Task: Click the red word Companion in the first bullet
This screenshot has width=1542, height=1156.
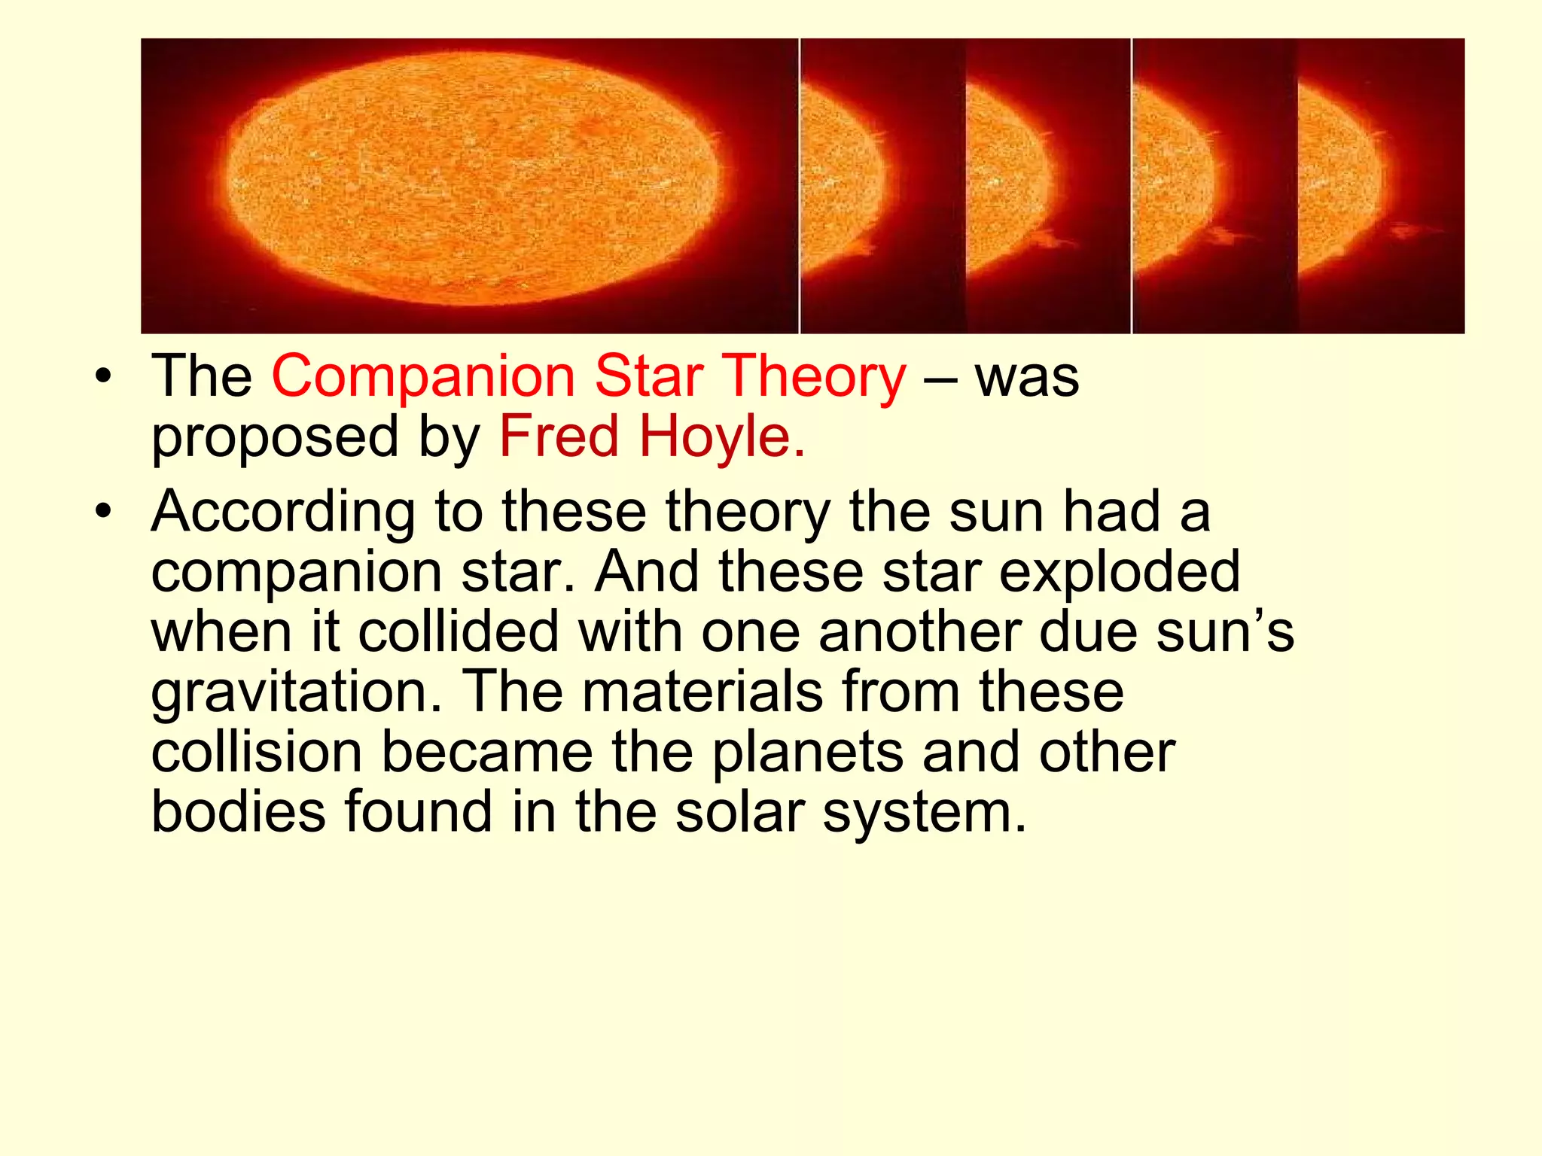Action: [x=423, y=376]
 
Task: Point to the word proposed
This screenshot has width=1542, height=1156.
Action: [x=275, y=438]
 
